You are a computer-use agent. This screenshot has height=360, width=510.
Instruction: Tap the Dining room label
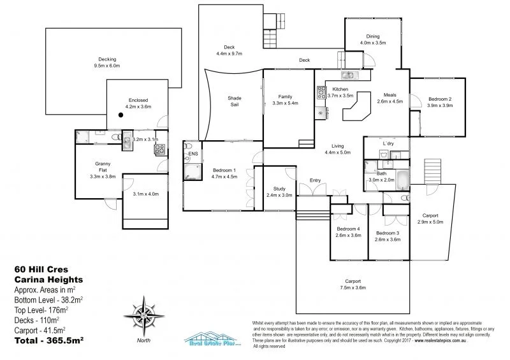373,36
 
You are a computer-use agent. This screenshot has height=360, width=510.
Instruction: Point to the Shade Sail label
235,101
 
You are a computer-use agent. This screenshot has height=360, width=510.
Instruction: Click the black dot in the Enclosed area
119,115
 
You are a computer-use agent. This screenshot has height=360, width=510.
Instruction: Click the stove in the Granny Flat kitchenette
159,150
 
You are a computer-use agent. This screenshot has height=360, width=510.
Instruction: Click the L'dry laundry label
388,144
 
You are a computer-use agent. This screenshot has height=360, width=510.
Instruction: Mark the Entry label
315,180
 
